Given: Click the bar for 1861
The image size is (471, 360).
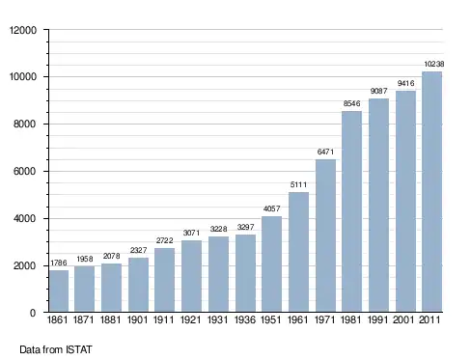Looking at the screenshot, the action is coord(59,291).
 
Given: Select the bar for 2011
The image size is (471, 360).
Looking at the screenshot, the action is coord(432,192).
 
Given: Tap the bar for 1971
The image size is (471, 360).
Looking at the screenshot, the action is coord(325,235).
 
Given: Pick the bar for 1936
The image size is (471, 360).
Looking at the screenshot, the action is coord(245,273).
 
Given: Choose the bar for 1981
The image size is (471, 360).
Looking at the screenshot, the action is coord(352,211).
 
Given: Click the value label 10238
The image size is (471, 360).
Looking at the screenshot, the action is coord(434,64).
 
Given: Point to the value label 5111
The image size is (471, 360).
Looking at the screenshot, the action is coord(298,184).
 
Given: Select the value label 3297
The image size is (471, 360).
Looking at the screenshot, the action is coord(246,227).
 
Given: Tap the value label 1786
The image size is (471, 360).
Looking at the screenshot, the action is coord(59,263).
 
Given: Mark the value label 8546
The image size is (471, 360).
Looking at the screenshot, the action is coord(351,103).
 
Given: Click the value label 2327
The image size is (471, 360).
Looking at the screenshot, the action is coord(139,250).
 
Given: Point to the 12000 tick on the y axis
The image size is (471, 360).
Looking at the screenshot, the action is coord(23,30).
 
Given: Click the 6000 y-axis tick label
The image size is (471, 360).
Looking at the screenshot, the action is coord(25,171).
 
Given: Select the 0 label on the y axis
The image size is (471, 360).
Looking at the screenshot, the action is coord(33,313).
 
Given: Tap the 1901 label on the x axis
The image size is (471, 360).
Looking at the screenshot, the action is coord(138,319).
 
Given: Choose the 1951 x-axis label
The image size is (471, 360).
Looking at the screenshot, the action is coord(271,319).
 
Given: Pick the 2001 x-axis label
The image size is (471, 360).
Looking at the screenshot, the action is coord(403,319).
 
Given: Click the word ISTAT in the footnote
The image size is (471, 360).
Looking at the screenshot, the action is coord(79,349).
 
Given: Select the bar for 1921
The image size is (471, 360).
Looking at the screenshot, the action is coord(191,276).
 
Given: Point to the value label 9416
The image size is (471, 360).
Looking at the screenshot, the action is coord(405,83).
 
